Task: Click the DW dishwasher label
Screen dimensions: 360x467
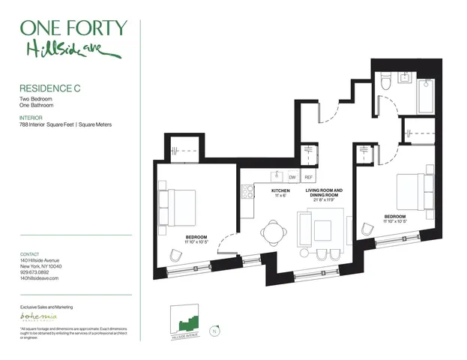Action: point(292,177)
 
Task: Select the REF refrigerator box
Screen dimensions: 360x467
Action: point(308,177)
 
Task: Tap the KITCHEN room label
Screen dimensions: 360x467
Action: point(280,191)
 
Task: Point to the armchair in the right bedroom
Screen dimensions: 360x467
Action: point(367,229)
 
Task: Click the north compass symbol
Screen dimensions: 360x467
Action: point(215,331)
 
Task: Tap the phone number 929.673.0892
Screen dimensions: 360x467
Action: point(35,272)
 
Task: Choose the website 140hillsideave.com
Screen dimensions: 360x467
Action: point(39,278)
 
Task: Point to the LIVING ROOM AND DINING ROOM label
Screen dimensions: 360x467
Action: point(324,191)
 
